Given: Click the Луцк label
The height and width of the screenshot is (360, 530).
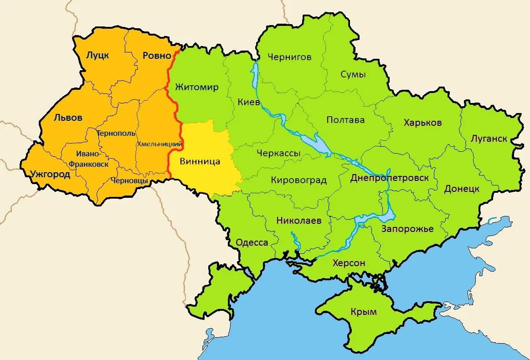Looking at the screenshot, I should point(98,56).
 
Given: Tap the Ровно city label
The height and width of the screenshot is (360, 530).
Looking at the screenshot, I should point(157,56).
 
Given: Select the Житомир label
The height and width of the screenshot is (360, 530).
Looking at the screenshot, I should point(197,87).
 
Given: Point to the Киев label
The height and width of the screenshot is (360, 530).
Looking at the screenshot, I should point(249,102).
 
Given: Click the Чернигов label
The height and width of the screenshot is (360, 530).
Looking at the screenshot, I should point(289,57).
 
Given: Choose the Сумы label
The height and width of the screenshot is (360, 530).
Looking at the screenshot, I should point(353,74).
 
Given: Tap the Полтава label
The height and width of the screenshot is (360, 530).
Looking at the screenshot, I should point(345,120).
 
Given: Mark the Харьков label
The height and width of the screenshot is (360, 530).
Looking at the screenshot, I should point(422,123).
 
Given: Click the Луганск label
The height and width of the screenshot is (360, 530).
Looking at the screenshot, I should point(489,139).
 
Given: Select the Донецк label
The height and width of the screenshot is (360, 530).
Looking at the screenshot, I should point(462,188).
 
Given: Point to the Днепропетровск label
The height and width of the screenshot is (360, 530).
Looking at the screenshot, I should point(389,178).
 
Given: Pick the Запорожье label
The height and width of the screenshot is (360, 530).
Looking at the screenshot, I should point(407,228).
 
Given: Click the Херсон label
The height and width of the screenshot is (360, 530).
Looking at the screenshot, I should point(349,263).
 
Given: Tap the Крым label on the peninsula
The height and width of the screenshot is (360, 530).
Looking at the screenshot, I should point(364,312).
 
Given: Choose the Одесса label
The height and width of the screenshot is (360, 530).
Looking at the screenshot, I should point(252,242).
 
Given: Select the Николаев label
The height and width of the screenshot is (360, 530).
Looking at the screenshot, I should point(298,221).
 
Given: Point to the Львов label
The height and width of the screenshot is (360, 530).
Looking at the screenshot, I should point(68,118).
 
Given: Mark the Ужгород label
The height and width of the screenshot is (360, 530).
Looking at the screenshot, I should point(50,174).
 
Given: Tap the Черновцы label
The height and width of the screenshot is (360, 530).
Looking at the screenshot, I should point(129,180).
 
